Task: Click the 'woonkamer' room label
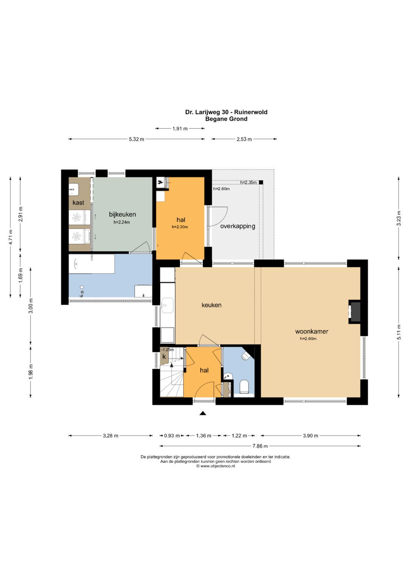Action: [312, 331]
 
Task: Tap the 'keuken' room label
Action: [211, 305]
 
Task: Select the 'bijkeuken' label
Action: [122, 214]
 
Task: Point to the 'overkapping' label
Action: [237, 226]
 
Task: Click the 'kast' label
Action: [78, 203]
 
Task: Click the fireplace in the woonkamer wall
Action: [354, 312]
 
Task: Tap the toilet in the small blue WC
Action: [244, 387]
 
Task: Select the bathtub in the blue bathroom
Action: [92, 264]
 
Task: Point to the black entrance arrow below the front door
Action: [203, 413]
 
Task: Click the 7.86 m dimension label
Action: [260, 446]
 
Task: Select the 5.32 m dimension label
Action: [137, 139]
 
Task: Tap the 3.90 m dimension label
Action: [311, 436]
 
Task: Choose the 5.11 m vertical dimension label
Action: [399, 332]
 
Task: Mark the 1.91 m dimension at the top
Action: [180, 128]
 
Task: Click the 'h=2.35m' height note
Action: [248, 183]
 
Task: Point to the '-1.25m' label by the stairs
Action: [167, 350]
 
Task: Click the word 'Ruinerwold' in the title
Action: [251, 112]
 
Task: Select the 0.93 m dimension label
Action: [172, 436]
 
